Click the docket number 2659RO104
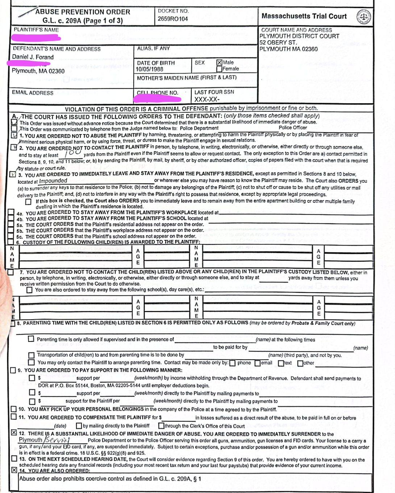coord(172,19)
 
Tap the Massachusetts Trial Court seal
coord(363,17)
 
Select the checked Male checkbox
coord(219,62)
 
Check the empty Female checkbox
coord(219,69)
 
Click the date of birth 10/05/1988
coord(149,69)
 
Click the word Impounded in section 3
coord(53,181)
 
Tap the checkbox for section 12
coord(14,432)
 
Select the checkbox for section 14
coord(14,470)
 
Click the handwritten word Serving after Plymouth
coord(57,440)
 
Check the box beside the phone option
coord(232,363)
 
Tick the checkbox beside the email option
coord(257,363)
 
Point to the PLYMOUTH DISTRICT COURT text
coord(299,36)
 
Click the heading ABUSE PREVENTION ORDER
coord(83,12)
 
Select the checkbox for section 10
coord(14,409)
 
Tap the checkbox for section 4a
coord(11,212)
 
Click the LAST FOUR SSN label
coord(214,92)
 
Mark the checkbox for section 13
coord(14,459)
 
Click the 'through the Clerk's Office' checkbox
coord(161,426)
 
